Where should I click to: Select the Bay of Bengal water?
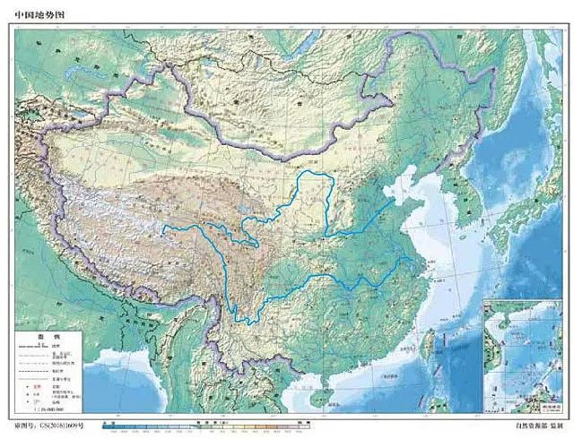click(x=135, y=394)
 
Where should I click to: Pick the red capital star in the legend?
click(x=24, y=382)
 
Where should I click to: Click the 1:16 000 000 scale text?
click(x=45, y=408)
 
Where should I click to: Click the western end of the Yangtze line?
click(x=164, y=230)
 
